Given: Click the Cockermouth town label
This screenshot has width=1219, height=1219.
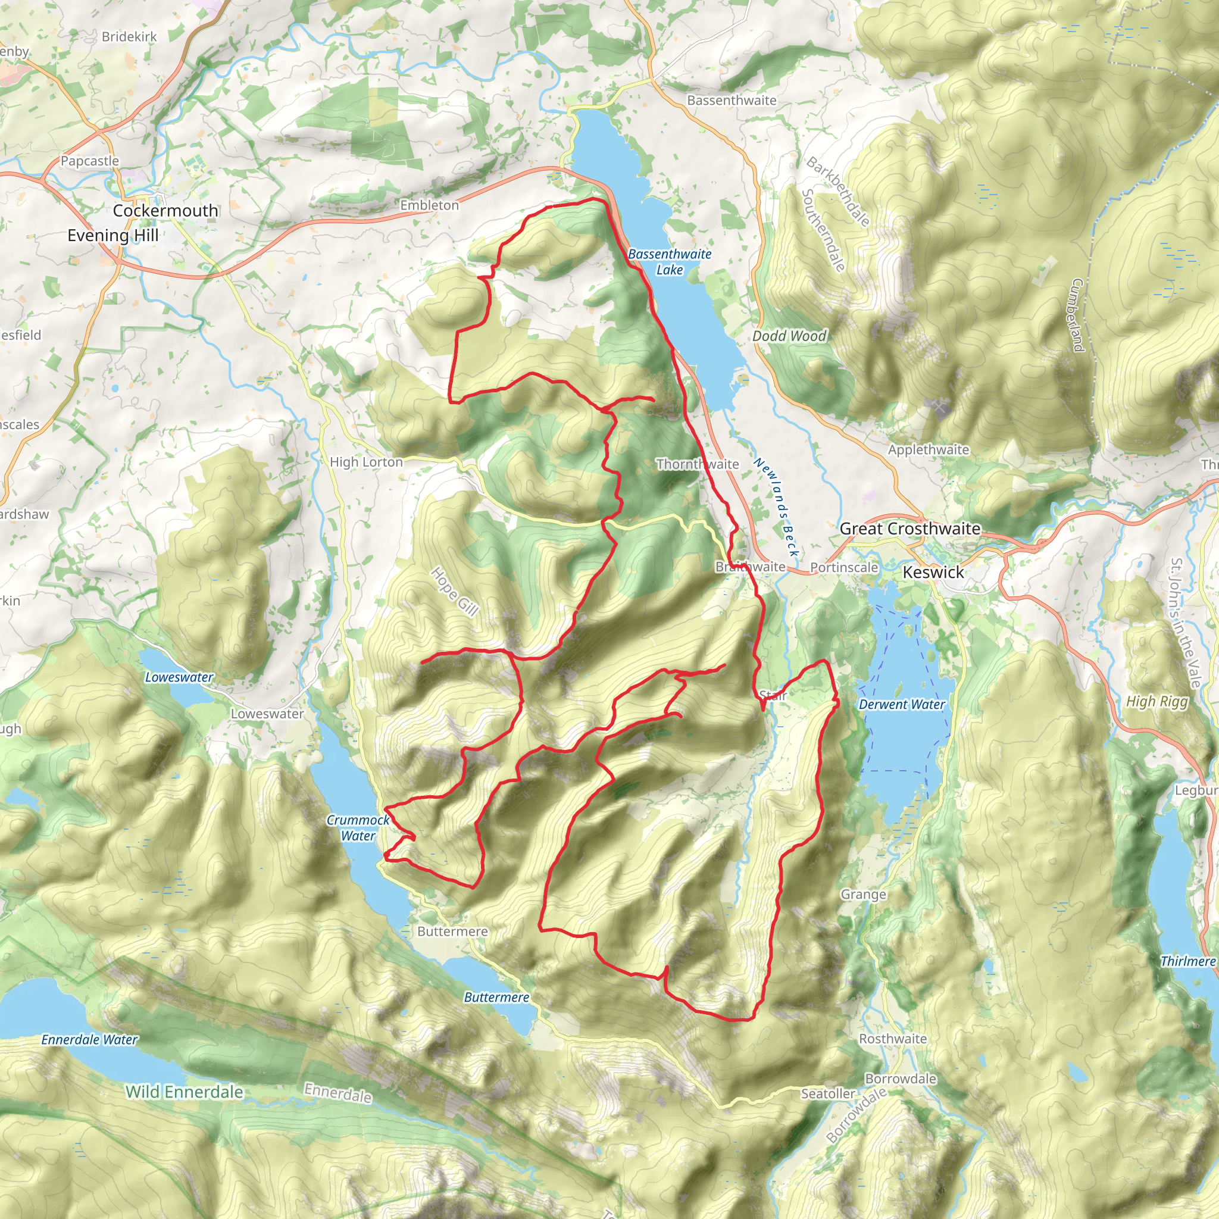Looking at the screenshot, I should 165,211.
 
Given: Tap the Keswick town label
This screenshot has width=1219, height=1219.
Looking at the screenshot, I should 933,572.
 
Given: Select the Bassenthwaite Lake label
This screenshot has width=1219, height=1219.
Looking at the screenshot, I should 670,262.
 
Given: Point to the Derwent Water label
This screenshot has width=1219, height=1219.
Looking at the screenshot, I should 902,704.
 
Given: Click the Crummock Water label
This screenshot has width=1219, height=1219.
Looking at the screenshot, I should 358,828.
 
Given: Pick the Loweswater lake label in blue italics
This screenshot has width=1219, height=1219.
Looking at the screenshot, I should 179,677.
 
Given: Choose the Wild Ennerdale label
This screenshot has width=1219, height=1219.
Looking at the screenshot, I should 185,1092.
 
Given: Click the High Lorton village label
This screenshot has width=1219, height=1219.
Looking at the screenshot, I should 366,462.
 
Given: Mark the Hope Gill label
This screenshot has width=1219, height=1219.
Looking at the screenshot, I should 454,591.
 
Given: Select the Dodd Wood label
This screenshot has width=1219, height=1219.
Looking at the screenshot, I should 789,336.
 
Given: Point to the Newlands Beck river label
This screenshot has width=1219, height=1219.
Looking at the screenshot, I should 776,508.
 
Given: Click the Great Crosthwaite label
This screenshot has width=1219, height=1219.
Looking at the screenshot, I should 910,529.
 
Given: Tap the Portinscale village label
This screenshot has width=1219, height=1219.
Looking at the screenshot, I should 843,567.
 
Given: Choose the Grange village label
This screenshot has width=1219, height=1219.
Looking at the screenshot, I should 863,894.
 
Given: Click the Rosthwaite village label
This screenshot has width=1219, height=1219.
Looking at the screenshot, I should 893,1039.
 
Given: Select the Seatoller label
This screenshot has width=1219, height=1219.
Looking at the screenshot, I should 828,1093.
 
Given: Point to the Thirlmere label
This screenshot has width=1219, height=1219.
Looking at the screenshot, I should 1187,961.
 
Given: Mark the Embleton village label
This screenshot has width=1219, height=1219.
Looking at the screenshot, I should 429,205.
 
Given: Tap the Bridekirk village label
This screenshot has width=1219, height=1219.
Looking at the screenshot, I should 129,36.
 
